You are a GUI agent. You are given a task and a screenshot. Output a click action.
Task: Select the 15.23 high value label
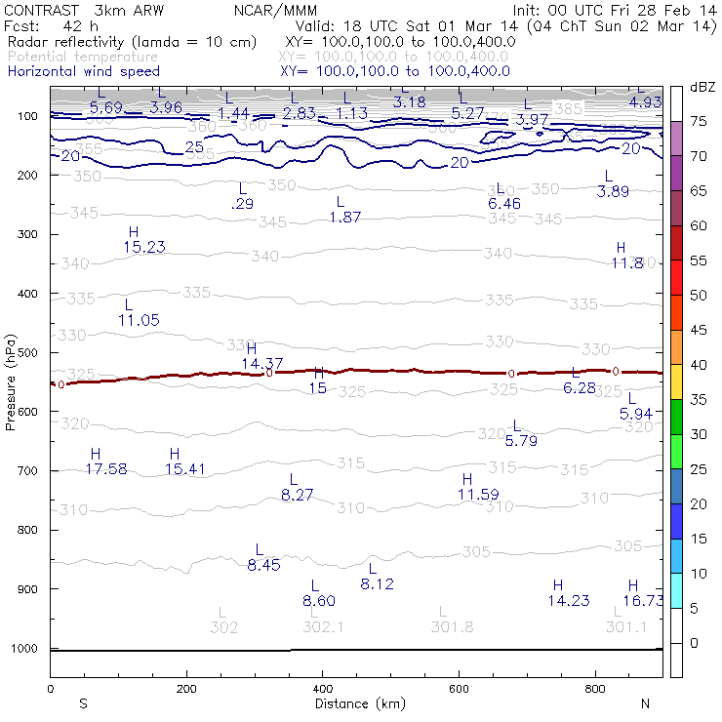click(x=144, y=248)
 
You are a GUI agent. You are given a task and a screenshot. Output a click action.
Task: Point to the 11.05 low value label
click(x=139, y=320)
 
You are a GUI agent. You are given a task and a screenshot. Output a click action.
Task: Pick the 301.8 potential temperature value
click(x=452, y=627)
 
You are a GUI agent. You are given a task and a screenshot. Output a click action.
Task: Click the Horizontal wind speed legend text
click(x=83, y=71)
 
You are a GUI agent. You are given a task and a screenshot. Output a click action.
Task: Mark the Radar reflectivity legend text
click(x=132, y=43)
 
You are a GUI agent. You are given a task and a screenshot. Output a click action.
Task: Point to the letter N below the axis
click(x=646, y=703)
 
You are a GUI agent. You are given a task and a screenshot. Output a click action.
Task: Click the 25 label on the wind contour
click(x=194, y=146)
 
